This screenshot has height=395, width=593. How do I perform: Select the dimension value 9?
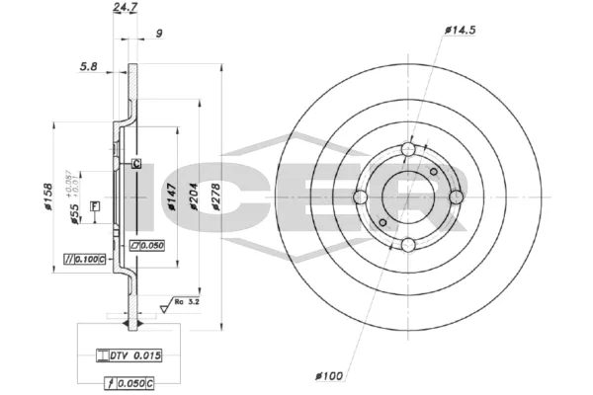(159, 34)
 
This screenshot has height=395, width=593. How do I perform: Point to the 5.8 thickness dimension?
(88, 67)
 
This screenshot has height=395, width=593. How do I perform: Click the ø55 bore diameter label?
(75, 218)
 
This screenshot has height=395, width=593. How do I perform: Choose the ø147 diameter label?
(170, 203)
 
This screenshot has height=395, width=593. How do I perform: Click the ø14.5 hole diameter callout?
(462, 32)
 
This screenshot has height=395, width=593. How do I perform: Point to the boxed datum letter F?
(94, 205)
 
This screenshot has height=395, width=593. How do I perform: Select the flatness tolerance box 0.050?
(145, 244)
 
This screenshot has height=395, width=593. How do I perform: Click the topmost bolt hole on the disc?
(407, 148)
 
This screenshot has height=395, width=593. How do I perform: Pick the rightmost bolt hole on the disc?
(456, 197)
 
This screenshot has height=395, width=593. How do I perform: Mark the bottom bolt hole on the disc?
(407, 245)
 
